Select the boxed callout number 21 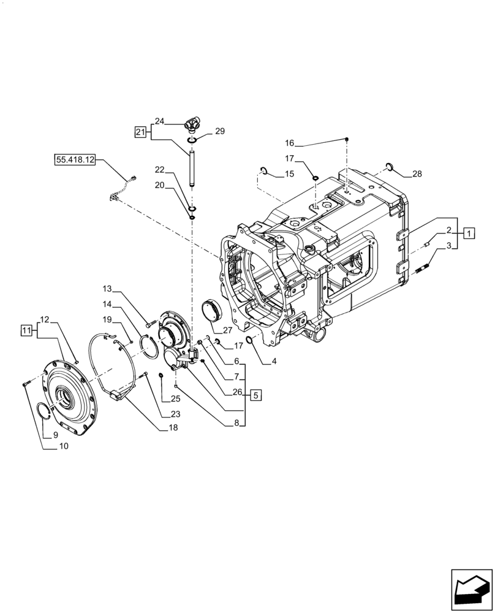click(x=139, y=132)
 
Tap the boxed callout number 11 click(x=26, y=330)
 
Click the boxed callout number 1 click(x=468, y=232)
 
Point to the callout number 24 click(x=159, y=121)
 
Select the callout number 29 click(x=219, y=132)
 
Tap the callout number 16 click(x=290, y=143)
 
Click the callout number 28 click(x=417, y=174)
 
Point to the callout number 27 click(x=227, y=329)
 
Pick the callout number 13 click(x=107, y=288)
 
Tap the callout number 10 click(x=63, y=446)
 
